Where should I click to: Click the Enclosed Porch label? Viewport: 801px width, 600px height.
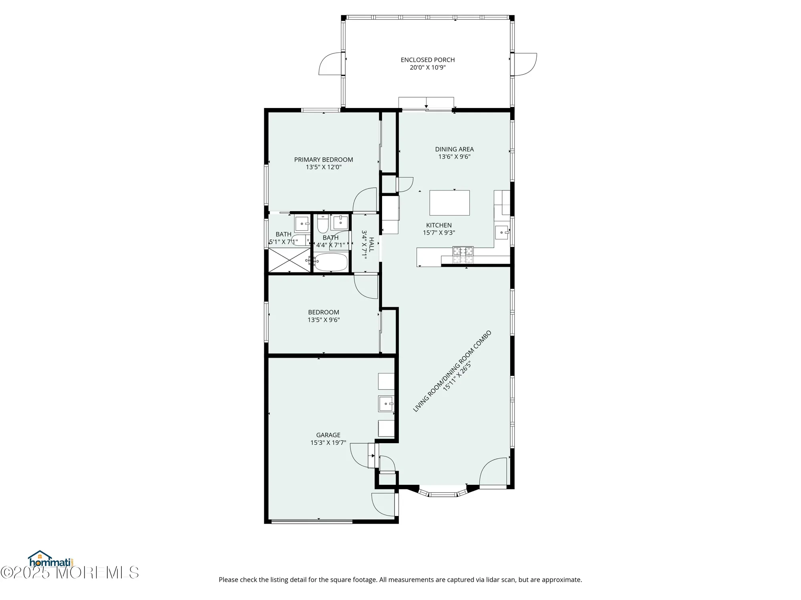(427, 60)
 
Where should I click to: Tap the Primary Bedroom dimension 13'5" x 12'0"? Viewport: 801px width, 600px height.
(324, 167)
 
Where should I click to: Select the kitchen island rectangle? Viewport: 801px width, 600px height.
(449, 203)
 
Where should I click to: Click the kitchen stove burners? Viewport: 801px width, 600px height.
(463, 255)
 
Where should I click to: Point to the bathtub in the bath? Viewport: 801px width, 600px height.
(330, 262)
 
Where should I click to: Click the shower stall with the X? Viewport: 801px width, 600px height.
(289, 260)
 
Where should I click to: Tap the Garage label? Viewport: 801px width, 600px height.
(328, 435)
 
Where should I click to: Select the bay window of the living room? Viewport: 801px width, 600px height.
(443, 492)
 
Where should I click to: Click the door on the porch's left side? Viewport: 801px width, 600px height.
(331, 64)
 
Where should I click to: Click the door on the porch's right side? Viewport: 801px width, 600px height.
(525, 64)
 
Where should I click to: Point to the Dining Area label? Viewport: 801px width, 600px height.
(454, 149)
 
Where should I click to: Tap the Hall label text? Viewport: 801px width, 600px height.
(371, 244)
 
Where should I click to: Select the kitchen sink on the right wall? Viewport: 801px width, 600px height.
(502, 232)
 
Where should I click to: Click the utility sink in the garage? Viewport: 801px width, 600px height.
(386, 404)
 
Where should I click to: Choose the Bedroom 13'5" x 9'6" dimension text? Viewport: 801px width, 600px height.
(324, 320)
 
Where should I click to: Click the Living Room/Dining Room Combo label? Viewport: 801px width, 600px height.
(452, 371)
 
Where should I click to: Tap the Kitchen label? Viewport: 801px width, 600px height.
(439, 225)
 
